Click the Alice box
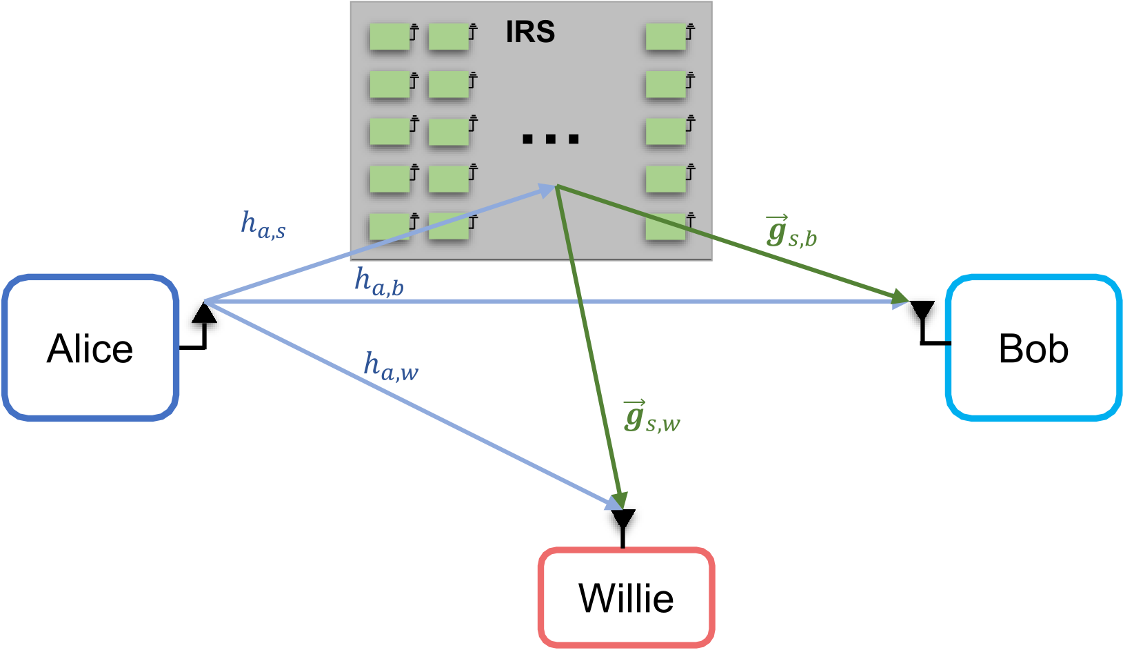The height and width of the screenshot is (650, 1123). pos(90,348)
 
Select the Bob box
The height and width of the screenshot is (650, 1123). pos(1033,348)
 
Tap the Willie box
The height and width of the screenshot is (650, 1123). pos(626,598)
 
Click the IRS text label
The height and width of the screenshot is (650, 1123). pos(530,32)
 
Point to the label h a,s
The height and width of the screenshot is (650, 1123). pos(263,225)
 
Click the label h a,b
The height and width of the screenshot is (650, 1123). pos(378,282)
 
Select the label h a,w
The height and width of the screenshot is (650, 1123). pos(390,366)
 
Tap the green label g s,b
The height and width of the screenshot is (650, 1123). pos(791,233)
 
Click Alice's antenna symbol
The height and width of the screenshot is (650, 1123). pos(203,314)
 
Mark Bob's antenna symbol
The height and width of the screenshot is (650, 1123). pos(922,311)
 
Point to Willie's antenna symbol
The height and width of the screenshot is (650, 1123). pos(623,520)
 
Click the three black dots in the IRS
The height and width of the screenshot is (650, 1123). pos(550,139)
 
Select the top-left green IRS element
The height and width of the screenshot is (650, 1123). pos(389,37)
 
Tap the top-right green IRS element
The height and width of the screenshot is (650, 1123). pos(666,37)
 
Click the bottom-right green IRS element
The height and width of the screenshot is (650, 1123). pos(666,226)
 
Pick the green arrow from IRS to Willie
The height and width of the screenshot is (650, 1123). pos(589,345)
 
